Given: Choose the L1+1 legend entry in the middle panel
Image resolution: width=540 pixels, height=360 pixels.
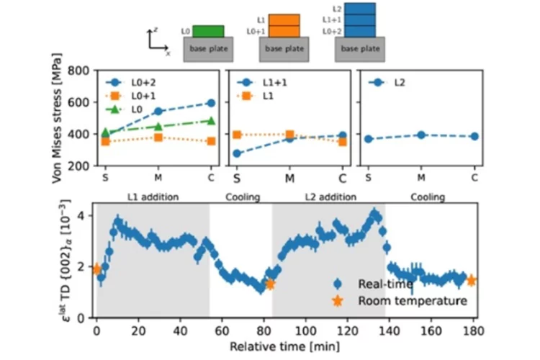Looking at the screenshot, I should click(262, 82).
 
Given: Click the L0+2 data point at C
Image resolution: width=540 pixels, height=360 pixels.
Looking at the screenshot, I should click(211, 103).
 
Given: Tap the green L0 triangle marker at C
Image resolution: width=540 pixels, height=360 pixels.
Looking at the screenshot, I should click(211, 121).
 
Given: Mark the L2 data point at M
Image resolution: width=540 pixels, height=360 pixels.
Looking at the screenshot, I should click(421, 135).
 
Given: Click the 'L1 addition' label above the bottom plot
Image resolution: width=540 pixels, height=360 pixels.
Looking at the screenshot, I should click(153, 197).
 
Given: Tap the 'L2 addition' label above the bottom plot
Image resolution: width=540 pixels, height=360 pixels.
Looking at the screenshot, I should click(328, 197).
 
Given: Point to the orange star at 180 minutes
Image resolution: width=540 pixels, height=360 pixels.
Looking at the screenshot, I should click(472, 280).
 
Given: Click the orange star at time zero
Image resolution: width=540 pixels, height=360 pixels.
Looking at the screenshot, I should click(97, 269).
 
